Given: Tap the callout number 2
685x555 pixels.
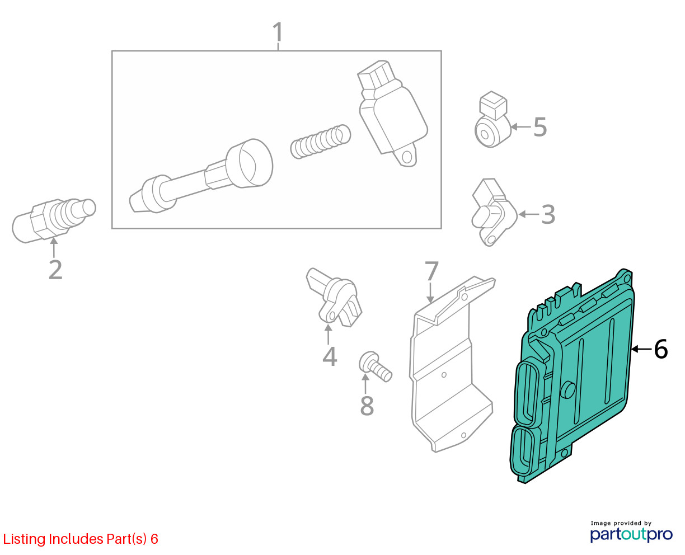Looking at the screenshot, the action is (55, 270).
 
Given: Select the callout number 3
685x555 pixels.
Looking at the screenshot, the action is (548, 214).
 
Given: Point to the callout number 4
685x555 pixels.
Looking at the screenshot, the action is (330, 356).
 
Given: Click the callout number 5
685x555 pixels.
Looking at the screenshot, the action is (540, 126).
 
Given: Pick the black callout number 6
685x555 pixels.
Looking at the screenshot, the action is (661, 349).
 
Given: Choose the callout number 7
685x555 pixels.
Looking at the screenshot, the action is (431, 271).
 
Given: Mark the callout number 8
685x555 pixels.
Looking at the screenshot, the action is (367, 405).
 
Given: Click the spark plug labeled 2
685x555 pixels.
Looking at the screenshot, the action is (53, 220).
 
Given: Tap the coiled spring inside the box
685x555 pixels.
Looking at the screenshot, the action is (320, 142).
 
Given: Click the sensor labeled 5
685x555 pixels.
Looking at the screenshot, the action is (492, 120).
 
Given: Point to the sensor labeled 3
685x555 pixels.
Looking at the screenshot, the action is (494, 211).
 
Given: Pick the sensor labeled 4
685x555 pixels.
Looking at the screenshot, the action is (334, 297).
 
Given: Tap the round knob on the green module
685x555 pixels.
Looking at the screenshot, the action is (567, 390).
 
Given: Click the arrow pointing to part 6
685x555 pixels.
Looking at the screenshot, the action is (642, 349).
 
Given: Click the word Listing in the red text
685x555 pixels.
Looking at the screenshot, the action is (25, 539).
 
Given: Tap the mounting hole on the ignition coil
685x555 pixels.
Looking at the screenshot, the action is (407, 158).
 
